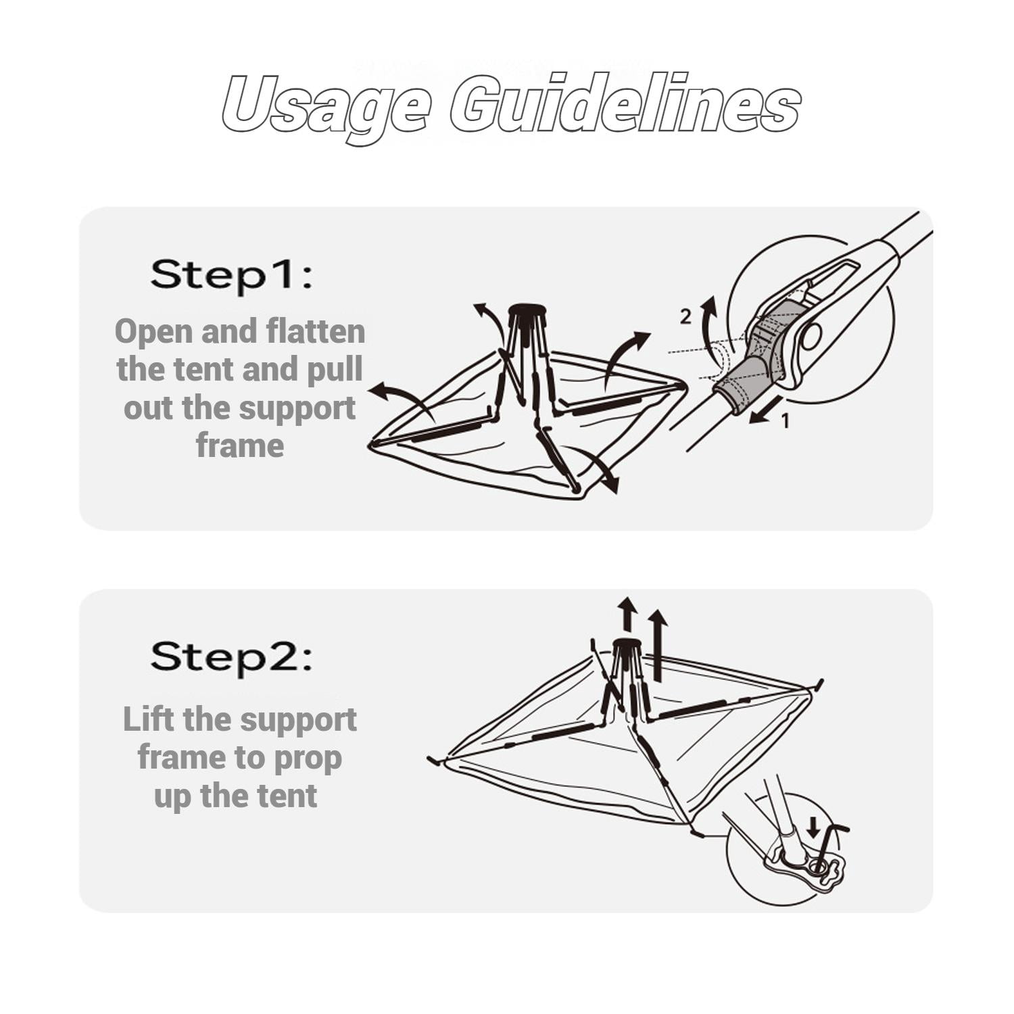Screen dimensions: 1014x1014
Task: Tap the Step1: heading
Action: pyautogui.click(x=232, y=274)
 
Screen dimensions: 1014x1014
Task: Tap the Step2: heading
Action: pyautogui.click(x=232, y=657)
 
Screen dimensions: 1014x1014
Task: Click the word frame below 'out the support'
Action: pyautogui.click(x=240, y=445)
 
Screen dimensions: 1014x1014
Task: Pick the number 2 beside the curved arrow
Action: pyautogui.click(x=685, y=316)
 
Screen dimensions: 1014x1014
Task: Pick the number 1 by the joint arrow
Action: pyautogui.click(x=785, y=421)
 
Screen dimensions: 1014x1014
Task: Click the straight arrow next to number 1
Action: pyautogui.click(x=763, y=412)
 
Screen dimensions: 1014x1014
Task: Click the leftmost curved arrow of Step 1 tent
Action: pyautogui.click(x=400, y=397)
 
